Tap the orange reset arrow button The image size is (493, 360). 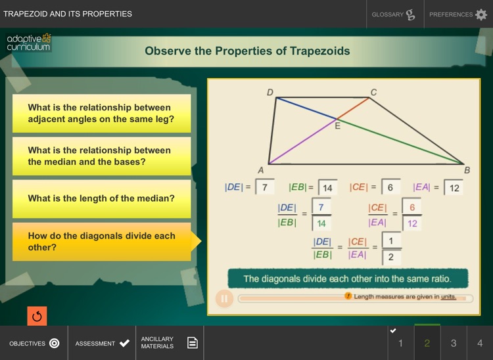click(x=37, y=316)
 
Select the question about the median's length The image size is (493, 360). click(x=101, y=198)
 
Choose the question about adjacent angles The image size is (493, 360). click(x=101, y=114)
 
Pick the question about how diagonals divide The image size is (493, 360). click(x=101, y=242)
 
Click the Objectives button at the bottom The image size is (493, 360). click(x=34, y=343)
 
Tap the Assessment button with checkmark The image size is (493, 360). click(x=102, y=343)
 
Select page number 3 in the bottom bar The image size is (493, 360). click(x=454, y=343)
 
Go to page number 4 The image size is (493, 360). click(x=480, y=343)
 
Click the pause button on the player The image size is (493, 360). click(x=224, y=298)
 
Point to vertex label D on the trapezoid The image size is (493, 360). click(x=270, y=92)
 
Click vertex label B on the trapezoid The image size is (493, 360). click(x=467, y=170)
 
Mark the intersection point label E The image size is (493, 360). click(x=338, y=125)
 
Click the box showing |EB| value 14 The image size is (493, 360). click(x=327, y=188)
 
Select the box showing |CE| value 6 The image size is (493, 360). click(x=390, y=188)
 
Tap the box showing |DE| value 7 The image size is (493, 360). click(x=264, y=188)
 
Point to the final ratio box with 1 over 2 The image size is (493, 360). click(x=391, y=248)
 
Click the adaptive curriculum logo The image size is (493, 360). click(x=28, y=43)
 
